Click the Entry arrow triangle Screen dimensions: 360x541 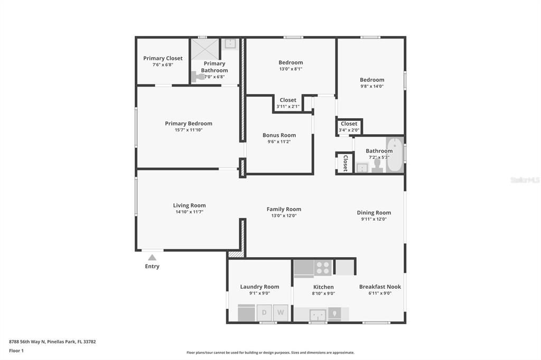(152, 258)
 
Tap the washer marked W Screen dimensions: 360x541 (281, 312)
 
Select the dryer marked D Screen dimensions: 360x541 (264, 312)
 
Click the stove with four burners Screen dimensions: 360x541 (323, 268)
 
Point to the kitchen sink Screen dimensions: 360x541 (318, 315)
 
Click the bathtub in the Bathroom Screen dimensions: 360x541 (394, 155)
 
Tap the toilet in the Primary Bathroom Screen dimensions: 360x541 (199, 77)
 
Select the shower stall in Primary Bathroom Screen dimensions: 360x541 (204, 49)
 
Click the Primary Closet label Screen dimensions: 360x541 (163, 58)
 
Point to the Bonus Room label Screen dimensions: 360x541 (279, 135)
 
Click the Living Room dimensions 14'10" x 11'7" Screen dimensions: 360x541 (189, 212)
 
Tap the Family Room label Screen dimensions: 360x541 (284, 209)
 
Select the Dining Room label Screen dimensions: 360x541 (374, 213)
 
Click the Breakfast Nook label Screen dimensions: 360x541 (380, 287)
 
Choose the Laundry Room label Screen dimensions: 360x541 (259, 287)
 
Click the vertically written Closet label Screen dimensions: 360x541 (346, 163)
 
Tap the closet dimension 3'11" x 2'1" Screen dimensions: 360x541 (288, 107)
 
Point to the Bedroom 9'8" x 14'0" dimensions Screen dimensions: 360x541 (372, 87)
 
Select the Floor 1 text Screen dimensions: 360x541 (16, 350)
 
